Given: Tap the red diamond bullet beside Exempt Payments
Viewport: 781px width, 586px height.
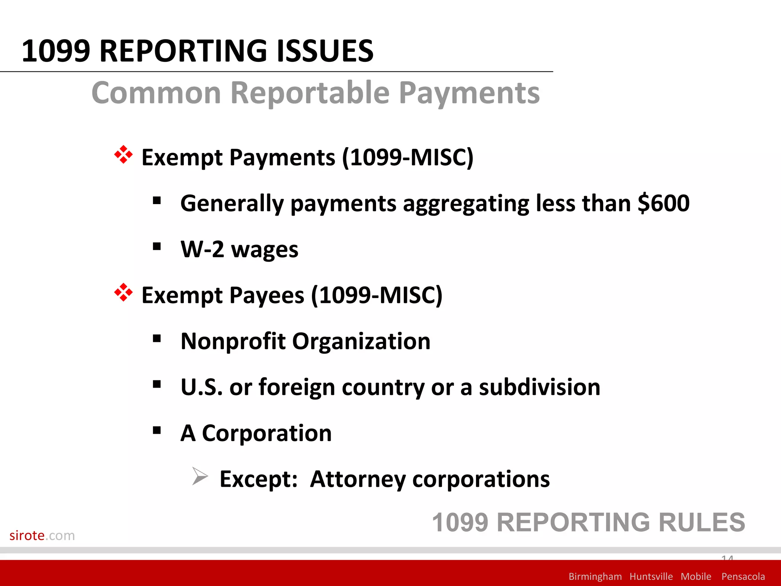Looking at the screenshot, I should coord(123,155).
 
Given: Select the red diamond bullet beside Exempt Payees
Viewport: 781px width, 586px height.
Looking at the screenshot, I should coord(123,293).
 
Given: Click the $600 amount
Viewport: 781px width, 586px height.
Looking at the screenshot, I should coord(664,203).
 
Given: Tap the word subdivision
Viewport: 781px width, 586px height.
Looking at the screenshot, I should coord(539,387).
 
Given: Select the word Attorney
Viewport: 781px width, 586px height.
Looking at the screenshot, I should coord(358,479).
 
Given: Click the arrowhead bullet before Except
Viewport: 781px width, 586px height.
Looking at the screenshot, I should coord(200,476).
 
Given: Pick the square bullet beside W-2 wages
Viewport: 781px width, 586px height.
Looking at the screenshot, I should coord(156,247).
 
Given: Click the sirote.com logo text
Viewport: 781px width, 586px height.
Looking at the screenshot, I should coord(42,536).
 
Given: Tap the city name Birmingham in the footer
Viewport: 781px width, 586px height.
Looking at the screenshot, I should coord(595,576).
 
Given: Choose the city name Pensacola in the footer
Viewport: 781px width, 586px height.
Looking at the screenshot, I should coord(743,576).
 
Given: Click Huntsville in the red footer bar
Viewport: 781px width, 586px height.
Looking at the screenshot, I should coord(651,576).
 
